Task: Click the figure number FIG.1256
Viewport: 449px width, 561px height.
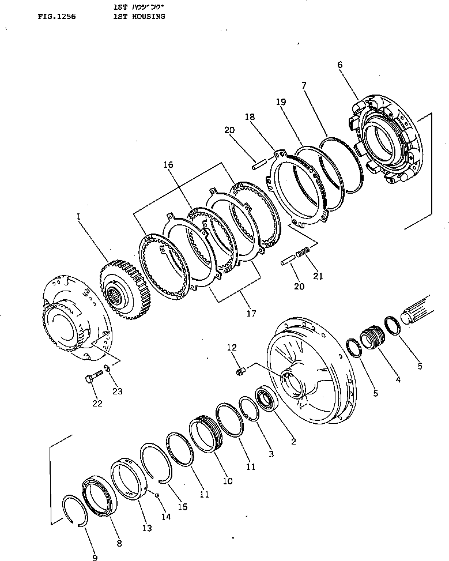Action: click(56, 17)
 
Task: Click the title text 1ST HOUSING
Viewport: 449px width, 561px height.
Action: click(139, 17)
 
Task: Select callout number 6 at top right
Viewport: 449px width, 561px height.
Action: click(339, 65)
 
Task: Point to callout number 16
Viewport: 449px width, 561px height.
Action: click(168, 164)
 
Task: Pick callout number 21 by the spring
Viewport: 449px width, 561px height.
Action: click(317, 276)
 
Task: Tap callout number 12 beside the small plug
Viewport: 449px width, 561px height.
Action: click(231, 347)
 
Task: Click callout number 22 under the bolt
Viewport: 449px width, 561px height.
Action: click(97, 403)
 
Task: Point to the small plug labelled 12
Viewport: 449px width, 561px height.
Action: click(242, 370)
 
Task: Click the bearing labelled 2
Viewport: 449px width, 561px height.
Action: click(267, 399)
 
